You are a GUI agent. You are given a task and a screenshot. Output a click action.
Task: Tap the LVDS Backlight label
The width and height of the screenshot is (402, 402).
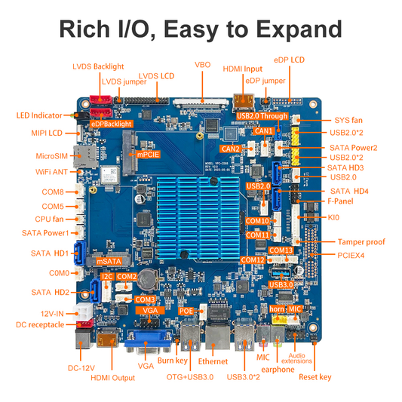pos(97,66)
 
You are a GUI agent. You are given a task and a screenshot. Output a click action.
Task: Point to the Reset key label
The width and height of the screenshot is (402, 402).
pos(315,376)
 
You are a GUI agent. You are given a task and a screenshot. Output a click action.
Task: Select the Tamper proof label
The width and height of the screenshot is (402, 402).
pos(361,242)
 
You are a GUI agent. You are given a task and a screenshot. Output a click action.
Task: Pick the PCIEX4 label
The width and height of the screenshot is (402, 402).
pos(348,256)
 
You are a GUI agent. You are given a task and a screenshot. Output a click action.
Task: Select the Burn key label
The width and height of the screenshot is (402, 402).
pos(173,361)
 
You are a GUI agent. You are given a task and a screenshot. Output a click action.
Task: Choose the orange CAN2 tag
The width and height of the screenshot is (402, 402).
pos(232,149)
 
